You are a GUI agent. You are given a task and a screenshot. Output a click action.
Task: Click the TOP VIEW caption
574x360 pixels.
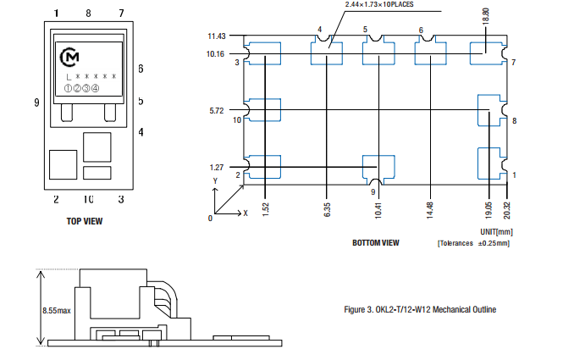click(x=85, y=222)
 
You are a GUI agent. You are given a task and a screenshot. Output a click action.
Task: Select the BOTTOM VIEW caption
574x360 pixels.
click(x=375, y=242)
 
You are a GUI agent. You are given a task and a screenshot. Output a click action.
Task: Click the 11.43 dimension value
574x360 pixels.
click(x=218, y=36)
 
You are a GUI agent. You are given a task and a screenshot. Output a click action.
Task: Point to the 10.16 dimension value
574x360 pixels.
click(x=218, y=53)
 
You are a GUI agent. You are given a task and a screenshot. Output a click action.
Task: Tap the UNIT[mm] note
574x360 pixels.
click(x=494, y=231)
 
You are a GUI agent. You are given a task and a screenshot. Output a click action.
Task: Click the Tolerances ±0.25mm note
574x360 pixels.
click(x=473, y=243)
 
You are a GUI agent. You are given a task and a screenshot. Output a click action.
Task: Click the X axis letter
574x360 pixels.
click(x=246, y=213)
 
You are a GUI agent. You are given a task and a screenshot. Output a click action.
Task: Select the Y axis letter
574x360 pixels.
click(x=215, y=181)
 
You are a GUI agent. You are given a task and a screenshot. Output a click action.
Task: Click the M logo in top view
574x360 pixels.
click(x=71, y=57)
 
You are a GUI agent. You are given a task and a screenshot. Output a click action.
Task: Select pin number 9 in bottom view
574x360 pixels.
click(x=373, y=192)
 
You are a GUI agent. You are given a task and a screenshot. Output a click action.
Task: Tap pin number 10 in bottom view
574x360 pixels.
click(x=237, y=120)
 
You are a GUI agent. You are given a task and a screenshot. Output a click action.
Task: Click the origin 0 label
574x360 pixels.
click(x=210, y=219)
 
